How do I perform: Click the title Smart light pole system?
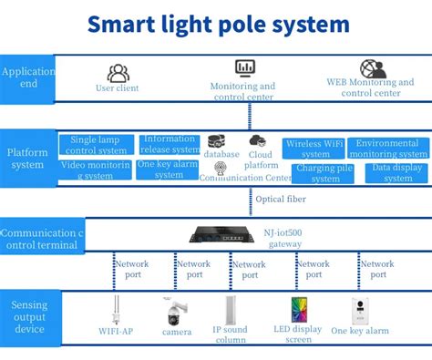point(219,25)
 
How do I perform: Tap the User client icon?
point(118,73)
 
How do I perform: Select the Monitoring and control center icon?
point(245,68)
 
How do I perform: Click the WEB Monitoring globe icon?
point(371,68)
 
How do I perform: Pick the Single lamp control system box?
point(98,145)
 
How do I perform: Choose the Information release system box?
point(170,144)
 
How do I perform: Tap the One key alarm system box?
point(169,170)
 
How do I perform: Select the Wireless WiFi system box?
point(314,149)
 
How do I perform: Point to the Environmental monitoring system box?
point(388,149)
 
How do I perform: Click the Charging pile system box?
point(325,173)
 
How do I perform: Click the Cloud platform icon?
point(257,140)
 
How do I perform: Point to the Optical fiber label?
point(281,199)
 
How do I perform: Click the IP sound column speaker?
point(231,312)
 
